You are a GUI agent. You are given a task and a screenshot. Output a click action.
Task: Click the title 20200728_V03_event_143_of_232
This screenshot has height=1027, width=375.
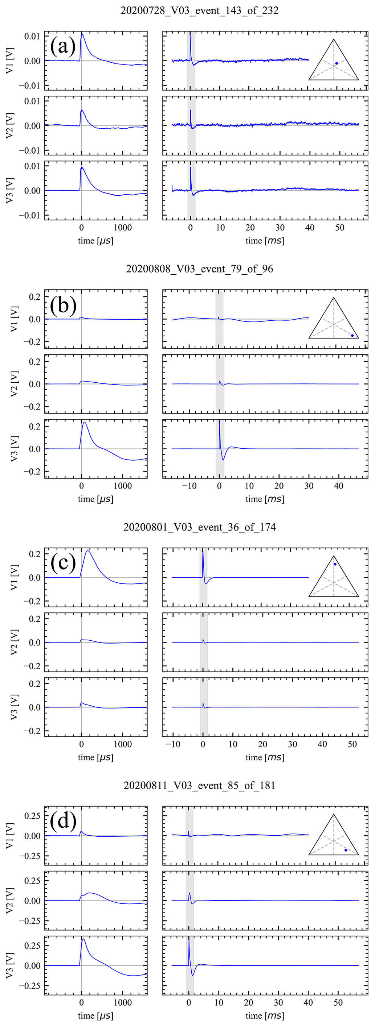[199, 11]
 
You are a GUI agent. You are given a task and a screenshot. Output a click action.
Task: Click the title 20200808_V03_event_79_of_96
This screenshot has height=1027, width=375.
[199, 269]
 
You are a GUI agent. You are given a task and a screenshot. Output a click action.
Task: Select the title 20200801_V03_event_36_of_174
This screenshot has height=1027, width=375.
[199, 527]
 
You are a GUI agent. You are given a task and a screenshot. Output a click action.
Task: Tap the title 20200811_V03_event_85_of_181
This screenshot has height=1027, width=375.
[199, 785]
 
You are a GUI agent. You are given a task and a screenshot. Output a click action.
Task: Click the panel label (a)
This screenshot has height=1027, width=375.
[63, 47]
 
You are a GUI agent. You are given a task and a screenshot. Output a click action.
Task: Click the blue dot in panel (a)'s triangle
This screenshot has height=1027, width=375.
[337, 63]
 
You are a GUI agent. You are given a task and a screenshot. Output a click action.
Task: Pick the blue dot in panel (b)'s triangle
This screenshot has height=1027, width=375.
[352, 336]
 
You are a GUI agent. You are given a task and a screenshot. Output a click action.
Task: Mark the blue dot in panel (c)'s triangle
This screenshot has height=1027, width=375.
[335, 564]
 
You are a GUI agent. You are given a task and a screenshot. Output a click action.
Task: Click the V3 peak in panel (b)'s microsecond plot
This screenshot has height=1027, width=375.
[85, 422]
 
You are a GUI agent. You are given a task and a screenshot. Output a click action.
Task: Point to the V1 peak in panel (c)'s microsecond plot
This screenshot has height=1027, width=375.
[88, 551]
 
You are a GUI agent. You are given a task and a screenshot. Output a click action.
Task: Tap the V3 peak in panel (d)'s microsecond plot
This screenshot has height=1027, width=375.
[83, 939]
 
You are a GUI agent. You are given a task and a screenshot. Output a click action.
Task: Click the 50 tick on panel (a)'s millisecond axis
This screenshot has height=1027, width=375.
[339, 228]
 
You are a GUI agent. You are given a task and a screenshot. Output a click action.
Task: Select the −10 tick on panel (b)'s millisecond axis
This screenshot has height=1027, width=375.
[189, 486]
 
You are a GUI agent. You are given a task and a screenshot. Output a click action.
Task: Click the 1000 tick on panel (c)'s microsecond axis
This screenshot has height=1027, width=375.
[123, 744]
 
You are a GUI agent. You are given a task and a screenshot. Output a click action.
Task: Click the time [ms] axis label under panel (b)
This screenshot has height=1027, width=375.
[265, 499]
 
